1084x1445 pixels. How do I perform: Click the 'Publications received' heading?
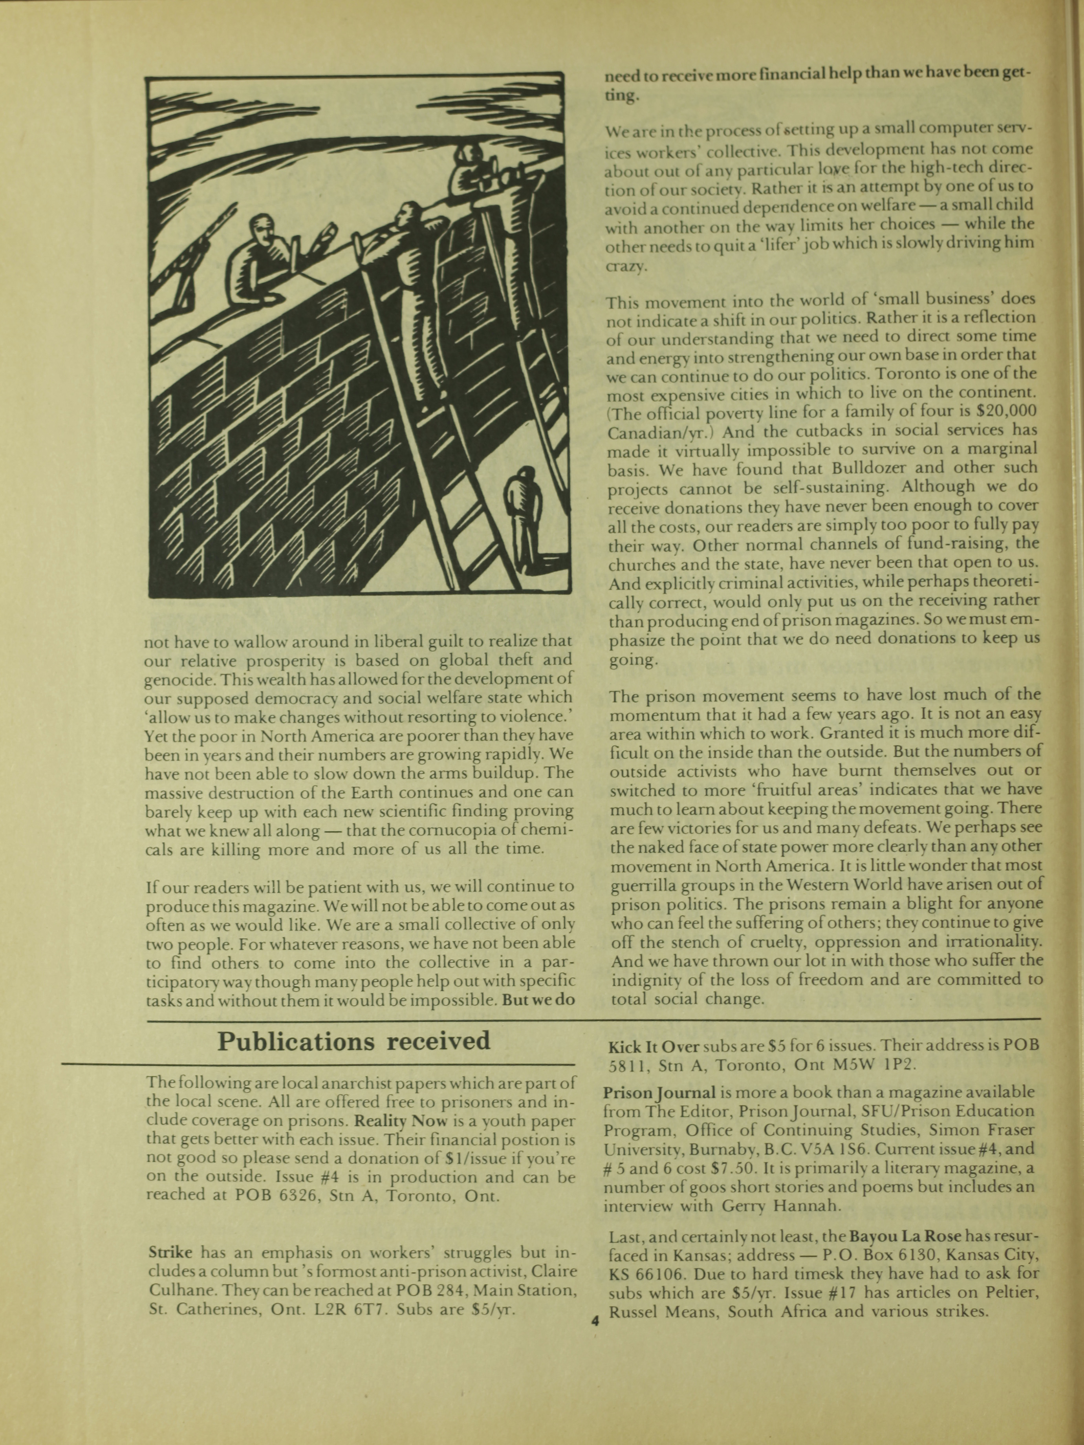pyautogui.click(x=353, y=1041)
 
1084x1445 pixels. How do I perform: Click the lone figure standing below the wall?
pyautogui.click(x=524, y=516)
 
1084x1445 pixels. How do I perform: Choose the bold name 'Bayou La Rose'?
pyautogui.click(x=904, y=1236)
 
